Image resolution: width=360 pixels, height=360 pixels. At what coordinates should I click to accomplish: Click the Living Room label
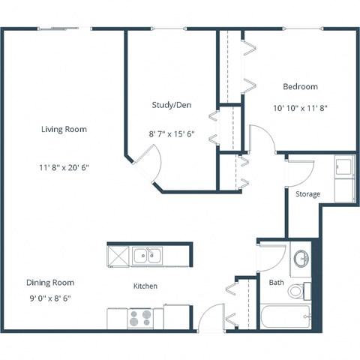64,129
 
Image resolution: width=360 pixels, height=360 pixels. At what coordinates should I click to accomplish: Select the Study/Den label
172,105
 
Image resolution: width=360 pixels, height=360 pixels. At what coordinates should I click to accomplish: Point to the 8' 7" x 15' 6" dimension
172,133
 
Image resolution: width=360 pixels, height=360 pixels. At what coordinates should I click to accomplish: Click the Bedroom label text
300,86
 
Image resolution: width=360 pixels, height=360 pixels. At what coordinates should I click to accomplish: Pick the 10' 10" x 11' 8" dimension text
300,107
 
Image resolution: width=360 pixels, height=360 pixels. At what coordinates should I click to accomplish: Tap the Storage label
307,194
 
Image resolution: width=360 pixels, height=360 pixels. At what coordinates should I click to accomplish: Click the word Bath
276,282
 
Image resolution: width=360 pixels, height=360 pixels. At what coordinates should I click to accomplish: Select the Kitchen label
145,286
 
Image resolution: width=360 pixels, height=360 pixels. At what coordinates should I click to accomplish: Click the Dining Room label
50,282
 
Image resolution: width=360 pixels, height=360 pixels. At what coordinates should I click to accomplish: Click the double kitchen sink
147,256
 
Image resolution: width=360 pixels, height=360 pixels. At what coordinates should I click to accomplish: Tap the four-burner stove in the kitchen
139,318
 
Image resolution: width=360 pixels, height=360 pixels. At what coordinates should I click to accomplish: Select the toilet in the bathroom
300,289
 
